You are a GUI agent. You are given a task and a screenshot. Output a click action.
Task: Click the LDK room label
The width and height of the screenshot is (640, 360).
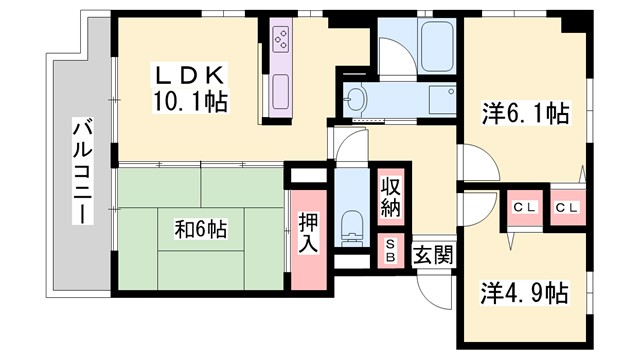click(x=192, y=76)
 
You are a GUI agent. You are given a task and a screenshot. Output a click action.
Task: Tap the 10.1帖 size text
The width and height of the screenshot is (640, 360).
click(x=191, y=100)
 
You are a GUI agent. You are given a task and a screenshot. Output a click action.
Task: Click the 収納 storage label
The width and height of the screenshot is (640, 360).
click(x=390, y=198)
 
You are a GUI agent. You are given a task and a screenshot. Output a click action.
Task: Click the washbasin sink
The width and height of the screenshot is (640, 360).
click(x=358, y=98)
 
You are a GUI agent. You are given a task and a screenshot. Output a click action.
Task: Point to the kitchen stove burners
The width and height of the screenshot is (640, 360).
click(x=281, y=41)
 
